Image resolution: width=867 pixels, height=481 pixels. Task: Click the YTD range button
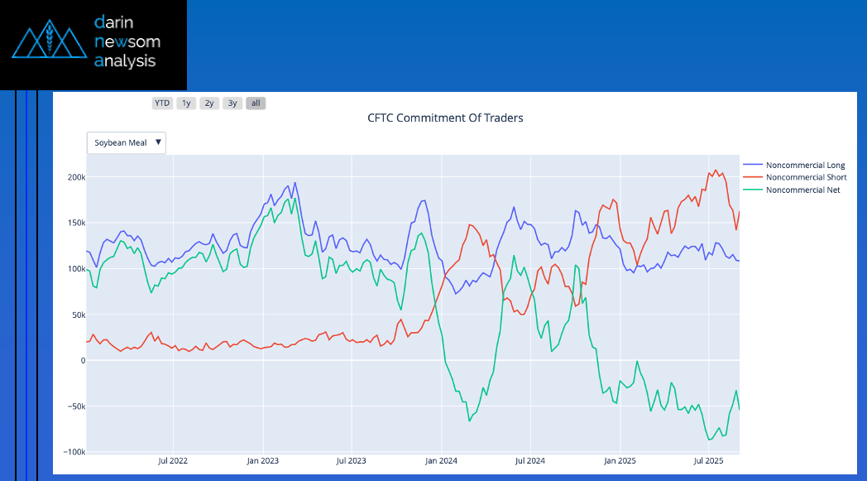tap(161, 103)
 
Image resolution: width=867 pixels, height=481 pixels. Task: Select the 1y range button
tap(186, 103)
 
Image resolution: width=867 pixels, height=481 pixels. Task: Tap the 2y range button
tap(209, 103)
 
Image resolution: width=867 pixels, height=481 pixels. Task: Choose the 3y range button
tap(232, 103)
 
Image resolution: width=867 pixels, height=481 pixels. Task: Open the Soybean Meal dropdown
tap(127, 142)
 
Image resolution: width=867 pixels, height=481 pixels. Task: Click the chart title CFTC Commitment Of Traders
tap(445, 118)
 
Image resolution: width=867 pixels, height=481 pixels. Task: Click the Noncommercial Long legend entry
tap(805, 166)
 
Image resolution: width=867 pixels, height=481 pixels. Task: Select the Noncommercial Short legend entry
tap(806, 177)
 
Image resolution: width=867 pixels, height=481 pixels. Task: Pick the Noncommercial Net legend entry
tap(802, 190)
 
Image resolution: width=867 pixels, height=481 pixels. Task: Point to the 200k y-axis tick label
tap(75, 177)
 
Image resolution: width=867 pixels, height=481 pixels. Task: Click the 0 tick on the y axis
tap(83, 360)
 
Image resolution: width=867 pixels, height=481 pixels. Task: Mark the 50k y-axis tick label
tap(77, 315)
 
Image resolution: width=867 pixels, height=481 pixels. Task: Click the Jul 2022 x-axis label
tap(174, 460)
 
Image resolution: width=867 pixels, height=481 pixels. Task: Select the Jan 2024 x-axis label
tap(441, 460)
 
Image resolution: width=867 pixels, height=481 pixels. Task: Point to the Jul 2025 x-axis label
tap(708, 460)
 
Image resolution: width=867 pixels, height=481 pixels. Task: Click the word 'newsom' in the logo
tap(127, 41)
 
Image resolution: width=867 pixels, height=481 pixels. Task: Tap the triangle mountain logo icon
tap(50, 41)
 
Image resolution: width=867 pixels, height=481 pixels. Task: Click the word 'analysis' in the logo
tap(125, 60)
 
